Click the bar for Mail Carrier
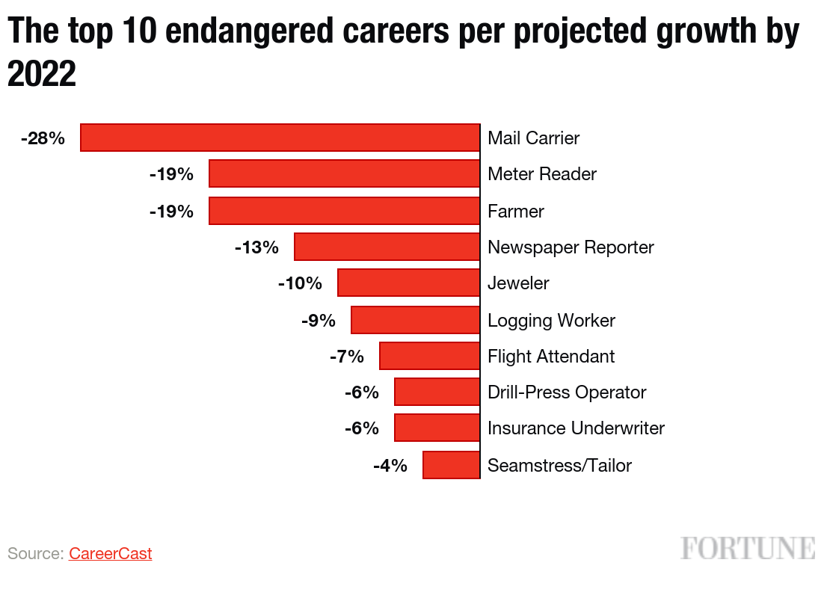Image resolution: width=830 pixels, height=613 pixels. pyautogui.click(x=280, y=138)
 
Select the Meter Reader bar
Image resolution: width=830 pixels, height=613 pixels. pyautogui.click(x=344, y=174)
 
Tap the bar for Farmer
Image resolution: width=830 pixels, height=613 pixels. pyautogui.click(x=344, y=211)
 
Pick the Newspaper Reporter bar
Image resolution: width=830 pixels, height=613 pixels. pyautogui.click(x=387, y=247)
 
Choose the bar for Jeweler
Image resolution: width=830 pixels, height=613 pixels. pyautogui.click(x=408, y=283)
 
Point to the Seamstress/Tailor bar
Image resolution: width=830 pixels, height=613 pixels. pyautogui.click(x=451, y=465)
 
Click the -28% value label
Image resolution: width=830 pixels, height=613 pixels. pyautogui.click(x=43, y=138)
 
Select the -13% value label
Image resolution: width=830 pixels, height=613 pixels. pyautogui.click(x=256, y=247)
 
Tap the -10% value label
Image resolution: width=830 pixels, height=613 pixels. pyautogui.click(x=300, y=284)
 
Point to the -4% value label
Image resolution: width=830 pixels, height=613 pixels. pyautogui.click(x=390, y=466)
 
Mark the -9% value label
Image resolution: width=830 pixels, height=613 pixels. pyautogui.click(x=319, y=321)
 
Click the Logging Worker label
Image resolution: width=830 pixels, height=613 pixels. pyautogui.click(x=551, y=321)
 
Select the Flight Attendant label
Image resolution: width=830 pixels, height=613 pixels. pyautogui.click(x=551, y=357)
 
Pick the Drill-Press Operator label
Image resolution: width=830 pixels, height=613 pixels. pyautogui.click(x=567, y=392)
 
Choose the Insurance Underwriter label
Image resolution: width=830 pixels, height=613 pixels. pyautogui.click(x=576, y=428)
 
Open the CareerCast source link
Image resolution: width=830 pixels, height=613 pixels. pyautogui.click(x=111, y=554)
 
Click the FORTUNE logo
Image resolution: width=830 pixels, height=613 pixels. pyautogui.click(x=748, y=548)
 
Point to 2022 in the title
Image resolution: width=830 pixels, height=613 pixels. pyautogui.click(x=42, y=74)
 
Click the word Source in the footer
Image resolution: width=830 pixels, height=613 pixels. pyautogui.click(x=35, y=554)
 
